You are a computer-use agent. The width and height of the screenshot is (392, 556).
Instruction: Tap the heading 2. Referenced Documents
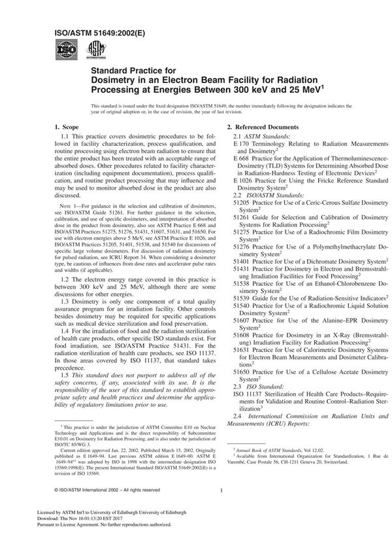pos(263,126)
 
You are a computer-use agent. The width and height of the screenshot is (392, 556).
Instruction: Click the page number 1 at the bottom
pos(223,508)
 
